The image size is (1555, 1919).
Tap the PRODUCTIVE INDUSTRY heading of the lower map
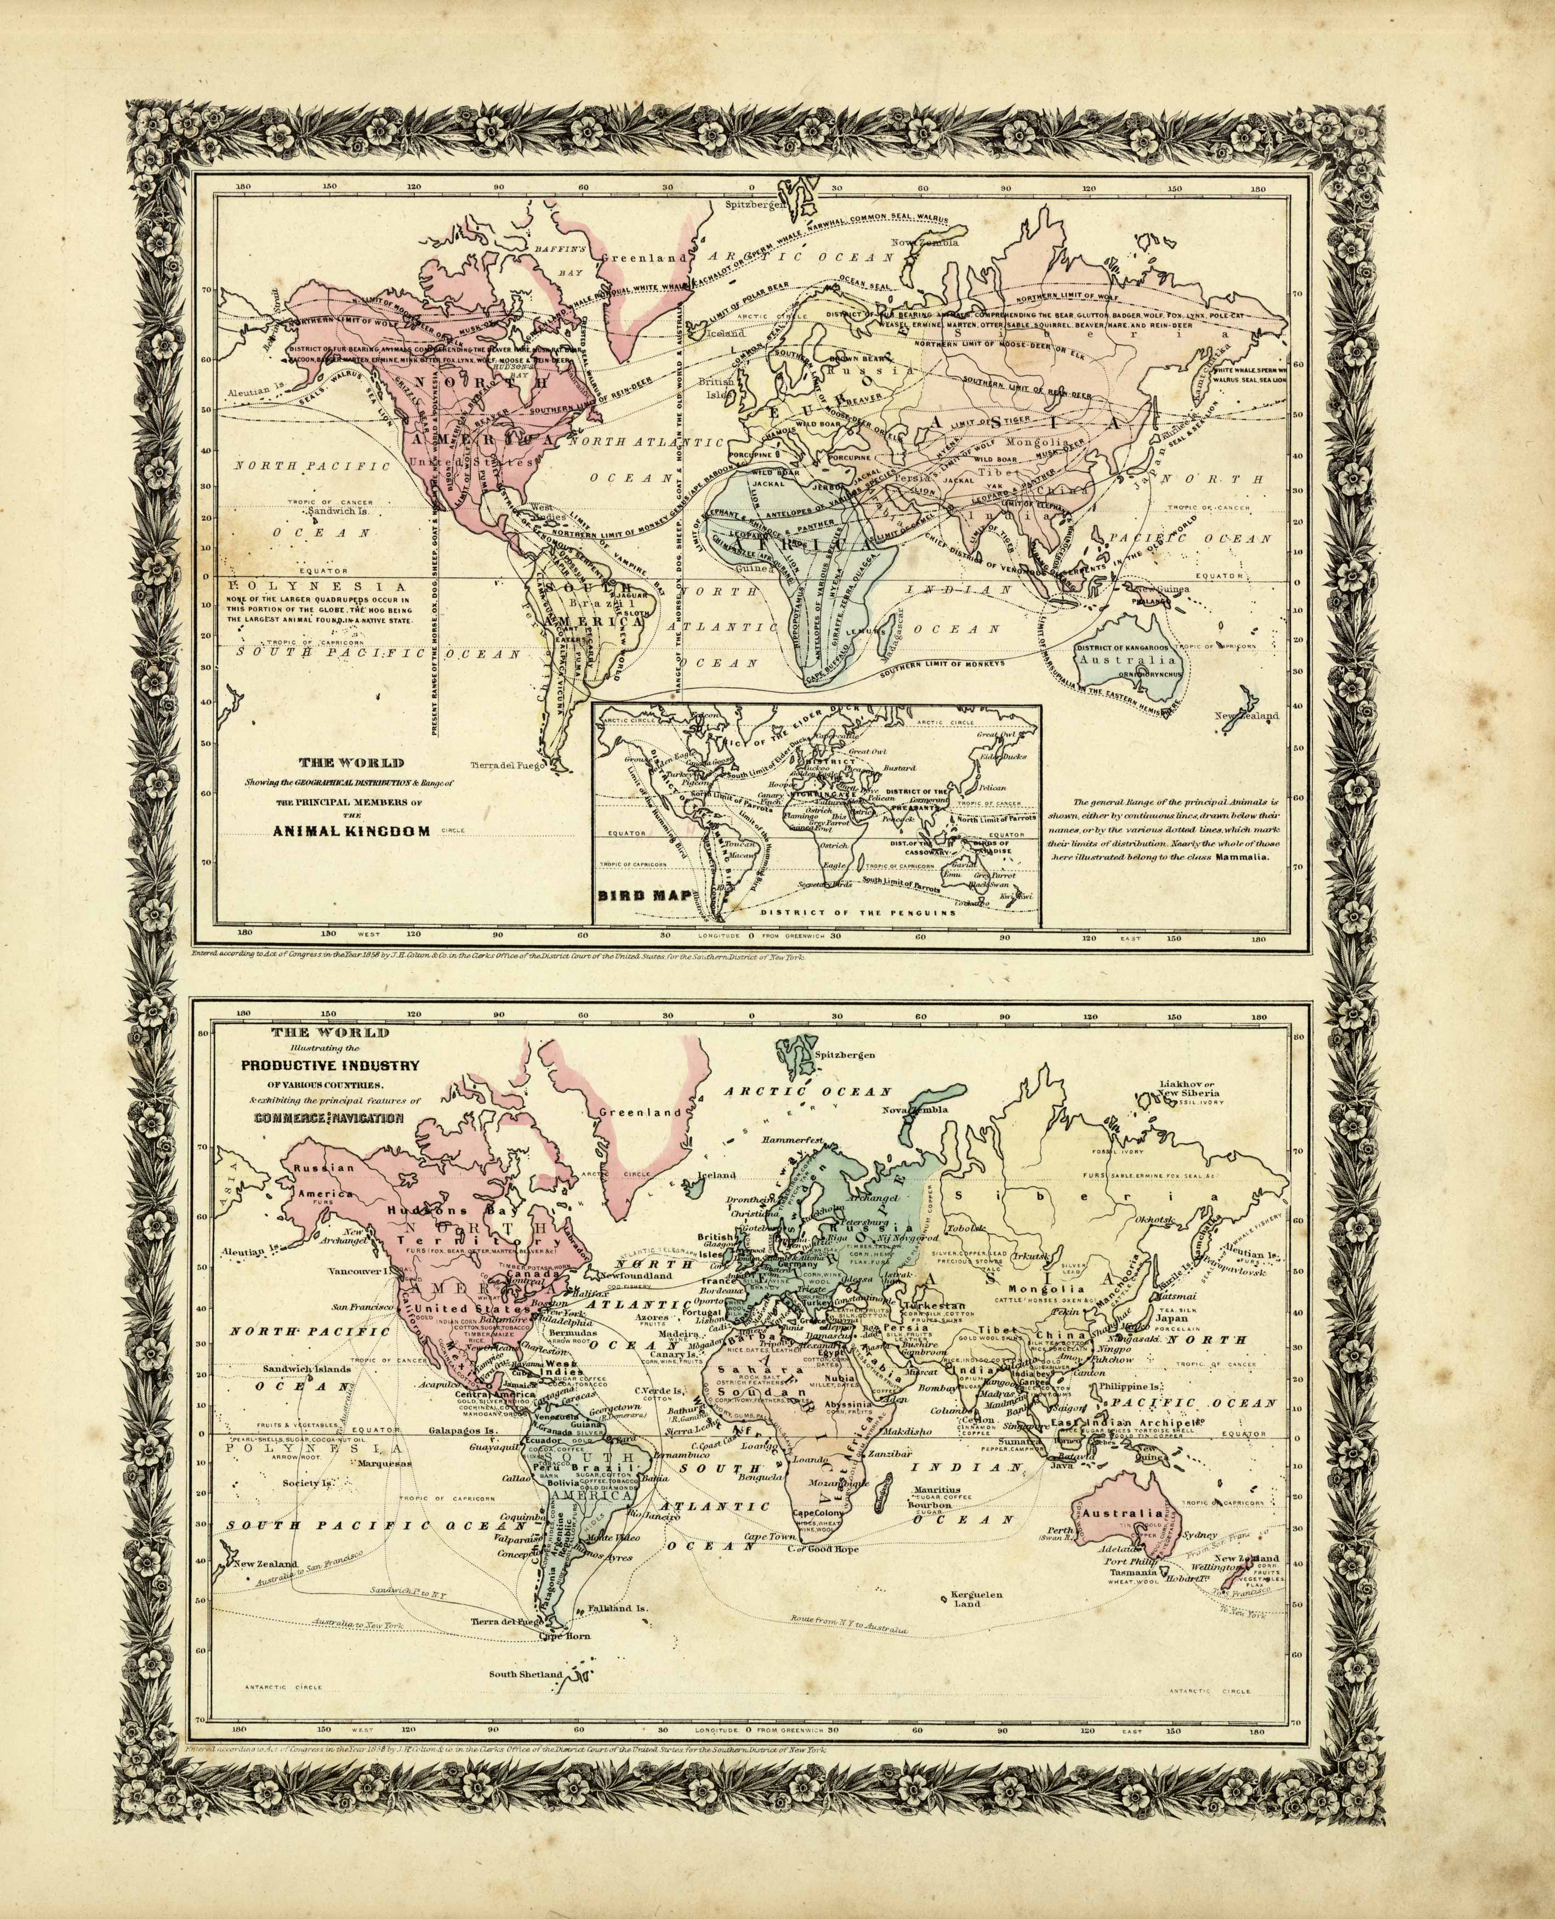click(329, 1065)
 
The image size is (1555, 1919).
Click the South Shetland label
click(526, 1673)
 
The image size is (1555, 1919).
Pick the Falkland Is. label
click(617, 1608)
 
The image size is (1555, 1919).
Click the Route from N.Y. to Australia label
click(849, 1622)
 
